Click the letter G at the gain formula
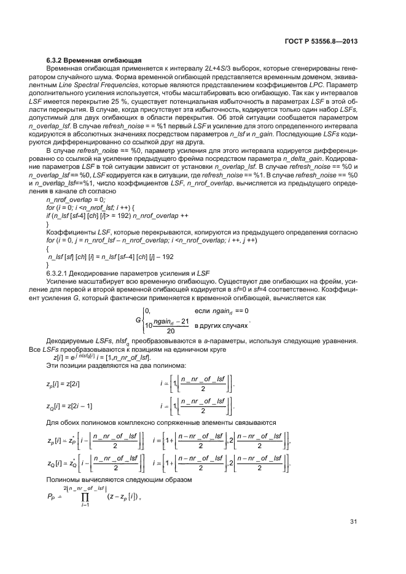tap(138, 320)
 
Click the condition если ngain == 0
tap(221, 311)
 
